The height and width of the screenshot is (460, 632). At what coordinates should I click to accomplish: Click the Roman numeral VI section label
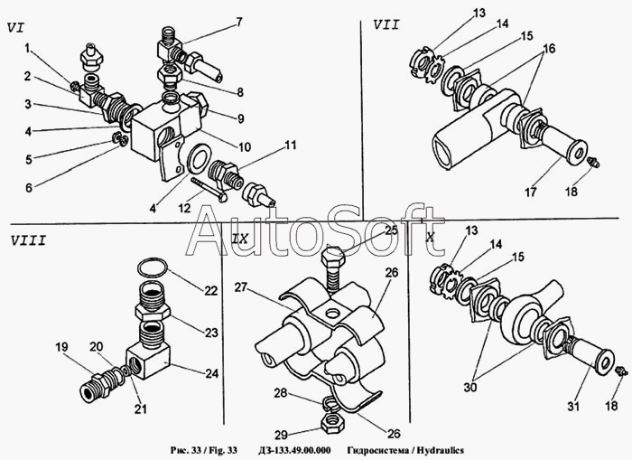click(x=15, y=28)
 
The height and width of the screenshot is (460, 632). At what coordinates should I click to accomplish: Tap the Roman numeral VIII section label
click(x=28, y=241)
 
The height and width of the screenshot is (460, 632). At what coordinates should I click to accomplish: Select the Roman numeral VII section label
click(x=386, y=25)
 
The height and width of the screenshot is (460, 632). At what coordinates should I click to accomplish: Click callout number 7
click(x=239, y=23)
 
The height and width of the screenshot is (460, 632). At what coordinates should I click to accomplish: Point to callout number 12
click(x=185, y=209)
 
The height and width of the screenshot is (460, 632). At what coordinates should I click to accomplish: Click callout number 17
click(x=531, y=192)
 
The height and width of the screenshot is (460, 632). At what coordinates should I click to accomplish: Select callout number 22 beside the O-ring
click(x=210, y=290)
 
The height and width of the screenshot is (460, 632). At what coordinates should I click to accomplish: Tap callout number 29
click(x=282, y=435)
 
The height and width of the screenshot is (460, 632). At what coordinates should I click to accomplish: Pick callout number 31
click(x=573, y=406)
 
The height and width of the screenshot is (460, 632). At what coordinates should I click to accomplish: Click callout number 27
click(x=241, y=287)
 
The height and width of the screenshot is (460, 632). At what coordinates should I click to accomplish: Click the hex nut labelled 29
click(x=331, y=425)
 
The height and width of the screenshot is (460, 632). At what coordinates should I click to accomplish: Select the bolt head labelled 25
click(x=333, y=257)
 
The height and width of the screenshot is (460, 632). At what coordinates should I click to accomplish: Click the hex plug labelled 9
click(x=196, y=104)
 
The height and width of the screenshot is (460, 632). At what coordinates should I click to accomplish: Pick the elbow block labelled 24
click(x=148, y=361)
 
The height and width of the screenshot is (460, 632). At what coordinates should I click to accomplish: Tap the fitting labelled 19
click(x=95, y=388)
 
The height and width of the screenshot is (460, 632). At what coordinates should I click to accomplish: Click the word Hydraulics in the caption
click(x=441, y=450)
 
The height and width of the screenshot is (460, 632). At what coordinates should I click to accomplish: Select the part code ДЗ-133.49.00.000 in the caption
click(x=293, y=450)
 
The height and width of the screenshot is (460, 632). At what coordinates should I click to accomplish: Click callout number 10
click(x=245, y=147)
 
